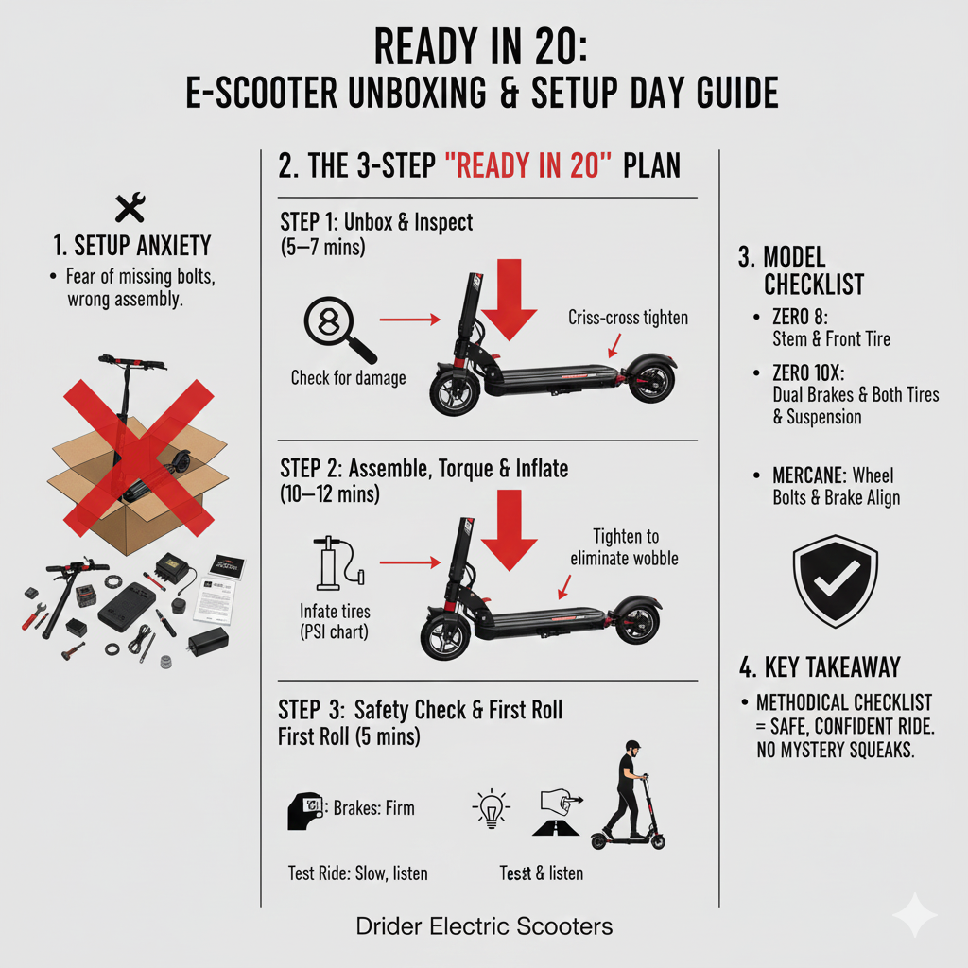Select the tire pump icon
coord(330,565)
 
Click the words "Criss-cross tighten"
coord(628,318)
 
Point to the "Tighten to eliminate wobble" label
coord(624,546)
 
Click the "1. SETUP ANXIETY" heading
coord(132,247)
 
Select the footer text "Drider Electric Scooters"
coord(483,926)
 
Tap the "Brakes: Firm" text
coord(373,808)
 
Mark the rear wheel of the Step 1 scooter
coord(650,381)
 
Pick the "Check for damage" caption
coord(348,378)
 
